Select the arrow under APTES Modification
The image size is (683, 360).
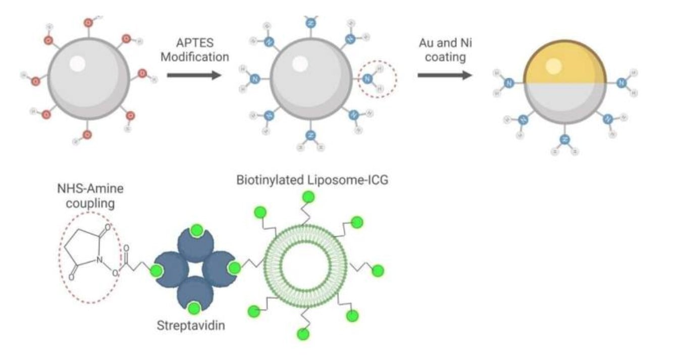[194, 75]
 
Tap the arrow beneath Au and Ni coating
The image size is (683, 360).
[444, 75]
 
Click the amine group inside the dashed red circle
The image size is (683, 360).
[368, 78]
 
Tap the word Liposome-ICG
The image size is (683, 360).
[349, 180]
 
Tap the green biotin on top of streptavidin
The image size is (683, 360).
[197, 231]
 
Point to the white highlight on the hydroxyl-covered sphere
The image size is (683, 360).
[77, 63]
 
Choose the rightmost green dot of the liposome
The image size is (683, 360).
[377, 271]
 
